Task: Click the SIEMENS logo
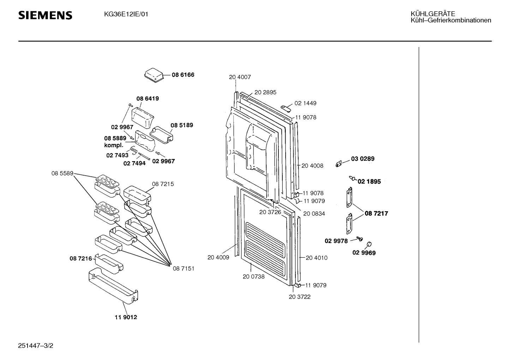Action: (45, 15)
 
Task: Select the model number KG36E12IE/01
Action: (126, 14)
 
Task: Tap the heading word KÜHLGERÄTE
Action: (433, 14)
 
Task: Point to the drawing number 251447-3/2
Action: (35, 346)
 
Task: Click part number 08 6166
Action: (183, 75)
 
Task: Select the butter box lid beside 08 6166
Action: (154, 75)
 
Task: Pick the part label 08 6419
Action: (148, 99)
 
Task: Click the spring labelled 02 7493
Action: (134, 150)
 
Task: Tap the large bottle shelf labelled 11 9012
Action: (113, 286)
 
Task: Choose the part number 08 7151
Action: (184, 268)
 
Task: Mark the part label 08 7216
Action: (81, 259)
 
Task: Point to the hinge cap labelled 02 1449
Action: (286, 109)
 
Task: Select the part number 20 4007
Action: (240, 77)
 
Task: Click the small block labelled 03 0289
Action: (339, 164)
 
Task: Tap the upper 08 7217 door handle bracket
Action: (349, 197)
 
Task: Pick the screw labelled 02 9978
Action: (359, 239)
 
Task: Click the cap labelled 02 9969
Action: (369, 244)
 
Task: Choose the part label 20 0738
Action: (253, 277)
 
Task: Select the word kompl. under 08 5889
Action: (114, 145)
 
